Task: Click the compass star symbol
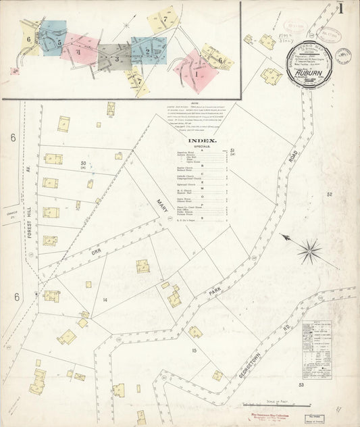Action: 309,251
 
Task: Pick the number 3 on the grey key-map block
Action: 117,59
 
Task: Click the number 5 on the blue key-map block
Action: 59,43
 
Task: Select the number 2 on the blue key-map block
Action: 147,50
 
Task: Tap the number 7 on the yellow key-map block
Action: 165,20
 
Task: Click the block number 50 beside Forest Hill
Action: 84,164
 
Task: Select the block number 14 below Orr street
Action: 105,299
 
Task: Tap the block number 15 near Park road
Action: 194,350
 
